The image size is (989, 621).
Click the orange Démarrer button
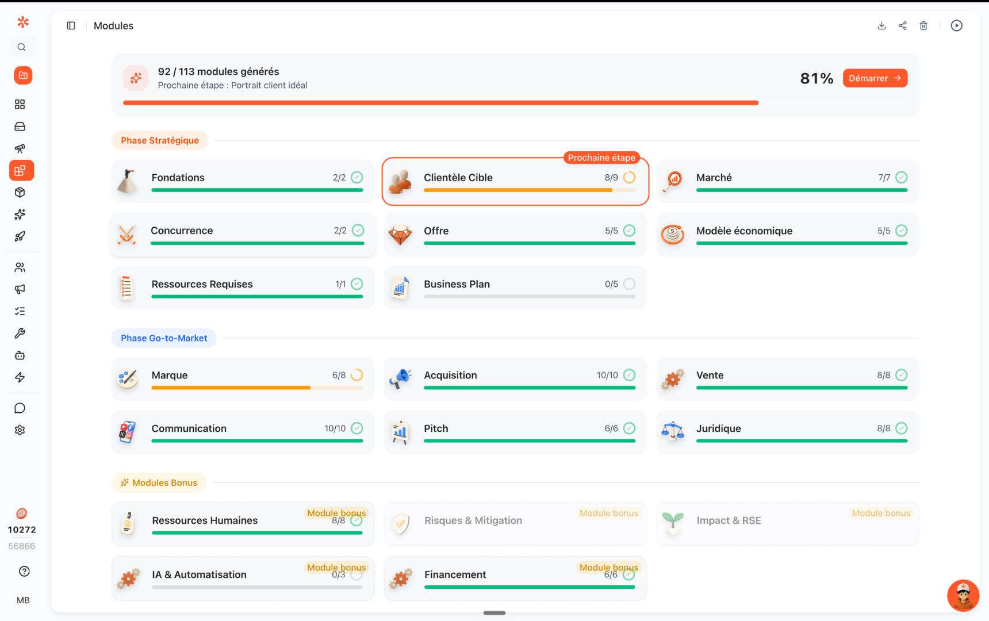875,78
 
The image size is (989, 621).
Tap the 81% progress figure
816,78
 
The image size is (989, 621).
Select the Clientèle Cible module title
458,178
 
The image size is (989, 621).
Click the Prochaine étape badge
601,158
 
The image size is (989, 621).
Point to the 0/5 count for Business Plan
611,284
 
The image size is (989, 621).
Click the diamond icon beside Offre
400,235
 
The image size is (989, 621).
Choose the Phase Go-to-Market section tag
164,338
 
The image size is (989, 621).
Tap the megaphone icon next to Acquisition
400,378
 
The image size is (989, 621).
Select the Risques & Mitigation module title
473,520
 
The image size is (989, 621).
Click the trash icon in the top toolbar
923,25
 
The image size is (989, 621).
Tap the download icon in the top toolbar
881,25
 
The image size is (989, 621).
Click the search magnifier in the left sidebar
22,47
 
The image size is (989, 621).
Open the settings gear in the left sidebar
20,430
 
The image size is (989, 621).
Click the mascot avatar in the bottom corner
963,595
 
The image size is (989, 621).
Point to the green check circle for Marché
902,178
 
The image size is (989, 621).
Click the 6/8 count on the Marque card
339,375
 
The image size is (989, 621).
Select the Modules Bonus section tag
159,483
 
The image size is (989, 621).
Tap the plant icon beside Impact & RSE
673,524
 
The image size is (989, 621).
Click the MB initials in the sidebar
23,600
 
